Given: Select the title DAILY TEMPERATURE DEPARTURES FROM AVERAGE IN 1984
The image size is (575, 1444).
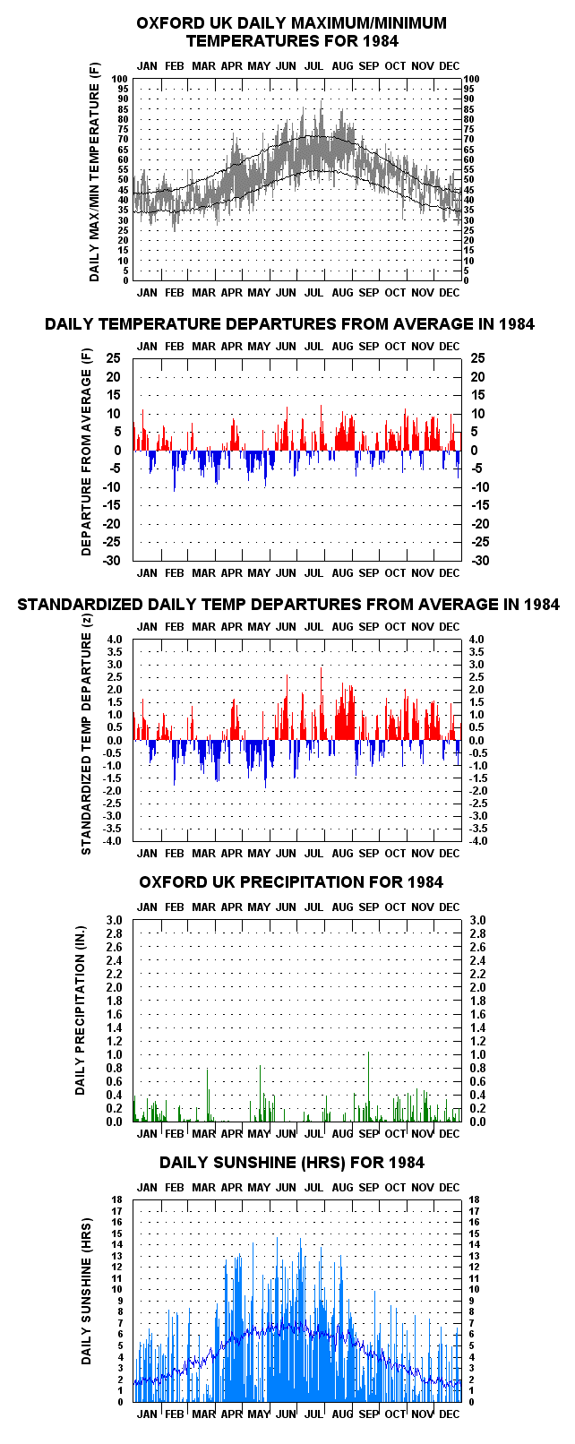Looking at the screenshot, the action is pos(289,324).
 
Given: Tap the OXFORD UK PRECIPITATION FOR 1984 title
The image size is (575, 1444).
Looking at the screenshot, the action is pos(291,881).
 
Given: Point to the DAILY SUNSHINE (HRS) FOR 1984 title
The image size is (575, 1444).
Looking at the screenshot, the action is pos(292,1163).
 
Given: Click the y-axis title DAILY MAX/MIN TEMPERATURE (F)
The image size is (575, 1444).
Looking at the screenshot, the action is pos(95,172).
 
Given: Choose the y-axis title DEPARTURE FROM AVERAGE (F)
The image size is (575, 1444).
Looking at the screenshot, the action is pos(86,451).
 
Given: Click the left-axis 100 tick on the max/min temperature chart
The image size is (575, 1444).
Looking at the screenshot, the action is pos(121,79).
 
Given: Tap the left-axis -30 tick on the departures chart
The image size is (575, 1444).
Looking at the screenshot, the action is pos(112,560).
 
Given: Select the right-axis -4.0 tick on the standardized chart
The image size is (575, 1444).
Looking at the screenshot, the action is pos(477,840).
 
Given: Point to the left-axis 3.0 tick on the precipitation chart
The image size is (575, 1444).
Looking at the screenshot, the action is pos(114,920).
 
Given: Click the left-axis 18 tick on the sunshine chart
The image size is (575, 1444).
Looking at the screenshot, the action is pos(117,1199).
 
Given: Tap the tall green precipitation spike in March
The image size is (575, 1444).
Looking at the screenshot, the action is pos(208,1095).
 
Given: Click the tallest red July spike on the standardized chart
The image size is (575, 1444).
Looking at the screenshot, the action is pos(321,703).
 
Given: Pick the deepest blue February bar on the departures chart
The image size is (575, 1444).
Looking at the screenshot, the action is pos(174,470).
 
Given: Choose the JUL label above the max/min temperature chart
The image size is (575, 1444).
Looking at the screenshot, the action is pos(314,65).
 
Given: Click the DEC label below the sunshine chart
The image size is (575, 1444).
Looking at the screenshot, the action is pos(450,1414).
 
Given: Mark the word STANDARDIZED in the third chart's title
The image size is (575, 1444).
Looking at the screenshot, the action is pos(80,605).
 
